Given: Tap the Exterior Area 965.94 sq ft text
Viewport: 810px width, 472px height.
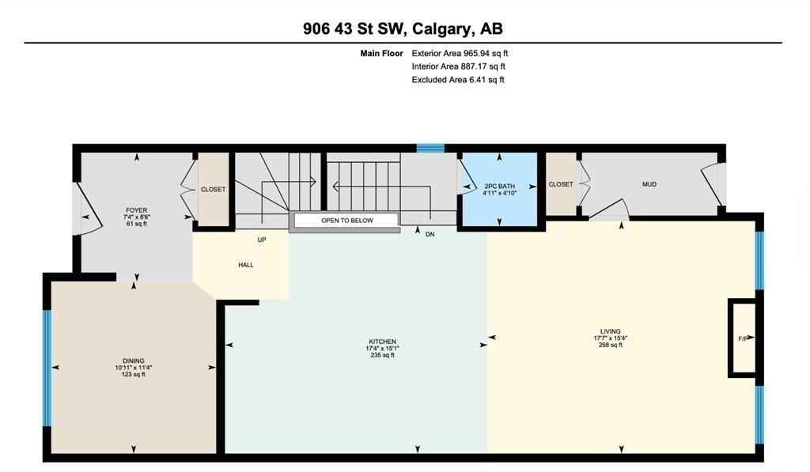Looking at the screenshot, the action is [x=460, y=53].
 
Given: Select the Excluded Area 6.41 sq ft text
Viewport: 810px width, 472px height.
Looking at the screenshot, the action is [x=458, y=80].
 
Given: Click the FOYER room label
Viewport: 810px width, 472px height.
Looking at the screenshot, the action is [x=136, y=210].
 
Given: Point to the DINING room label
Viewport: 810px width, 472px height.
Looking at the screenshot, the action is [x=133, y=361].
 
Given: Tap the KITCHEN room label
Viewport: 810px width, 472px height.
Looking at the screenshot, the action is [x=382, y=342].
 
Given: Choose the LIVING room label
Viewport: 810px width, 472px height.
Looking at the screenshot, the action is [x=611, y=331].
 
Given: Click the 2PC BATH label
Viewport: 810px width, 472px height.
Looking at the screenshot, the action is [x=500, y=187].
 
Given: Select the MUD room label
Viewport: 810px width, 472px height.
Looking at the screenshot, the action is [x=649, y=184].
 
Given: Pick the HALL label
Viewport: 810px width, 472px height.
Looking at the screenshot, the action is [x=246, y=265].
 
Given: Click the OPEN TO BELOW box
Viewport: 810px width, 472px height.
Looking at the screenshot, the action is [x=346, y=221].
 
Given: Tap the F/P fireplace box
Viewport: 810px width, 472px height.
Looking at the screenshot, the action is [x=742, y=338].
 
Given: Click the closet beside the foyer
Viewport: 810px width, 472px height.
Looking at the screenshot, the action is [x=214, y=189].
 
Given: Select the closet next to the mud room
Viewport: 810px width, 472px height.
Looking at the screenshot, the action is [x=561, y=184].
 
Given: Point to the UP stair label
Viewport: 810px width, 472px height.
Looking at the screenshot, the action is [x=262, y=240].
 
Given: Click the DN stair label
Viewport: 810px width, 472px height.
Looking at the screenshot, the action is [x=430, y=234].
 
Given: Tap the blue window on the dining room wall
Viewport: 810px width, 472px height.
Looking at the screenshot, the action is [x=47, y=368].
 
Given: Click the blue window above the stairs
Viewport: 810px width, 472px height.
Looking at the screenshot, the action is [x=431, y=148].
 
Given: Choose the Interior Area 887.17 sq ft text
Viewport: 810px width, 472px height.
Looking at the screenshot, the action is [x=458, y=66].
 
